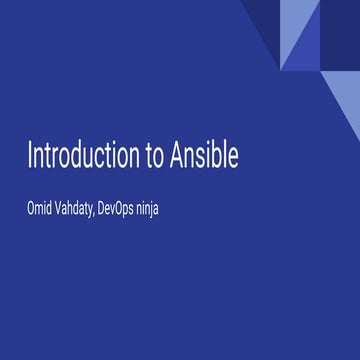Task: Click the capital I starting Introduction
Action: point(30,157)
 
